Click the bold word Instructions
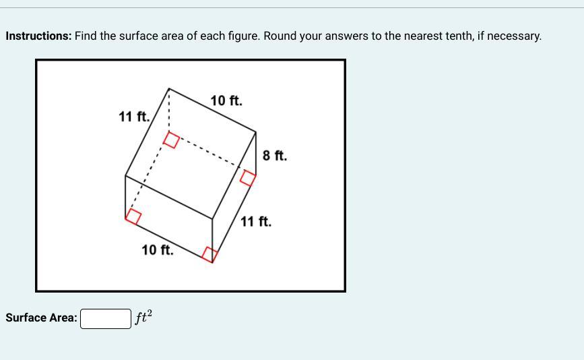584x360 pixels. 38,36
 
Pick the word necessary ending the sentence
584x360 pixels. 514,37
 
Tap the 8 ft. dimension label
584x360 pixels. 275,156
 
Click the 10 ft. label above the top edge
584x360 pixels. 226,100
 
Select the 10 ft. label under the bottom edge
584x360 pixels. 158,249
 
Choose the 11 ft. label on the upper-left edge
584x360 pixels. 134,116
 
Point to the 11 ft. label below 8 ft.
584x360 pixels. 256,221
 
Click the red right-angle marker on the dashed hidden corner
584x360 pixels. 171,140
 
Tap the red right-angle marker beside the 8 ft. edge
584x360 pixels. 248,177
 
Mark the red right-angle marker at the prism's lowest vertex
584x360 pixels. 209,255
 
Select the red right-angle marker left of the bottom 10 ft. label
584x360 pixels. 133,216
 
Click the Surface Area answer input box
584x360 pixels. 106,319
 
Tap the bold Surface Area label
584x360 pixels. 41,318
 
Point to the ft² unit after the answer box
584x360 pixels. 143,317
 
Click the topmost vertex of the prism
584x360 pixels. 168,89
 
